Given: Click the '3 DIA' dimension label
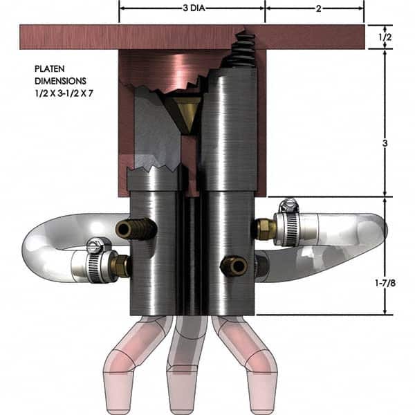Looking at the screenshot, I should [x=192, y=9].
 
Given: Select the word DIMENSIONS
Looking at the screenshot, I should [x=63, y=81].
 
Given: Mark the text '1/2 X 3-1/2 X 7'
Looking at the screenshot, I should [x=64, y=92].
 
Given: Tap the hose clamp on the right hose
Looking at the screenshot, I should [x=288, y=223].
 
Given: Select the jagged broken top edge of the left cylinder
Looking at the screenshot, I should [x=153, y=170].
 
